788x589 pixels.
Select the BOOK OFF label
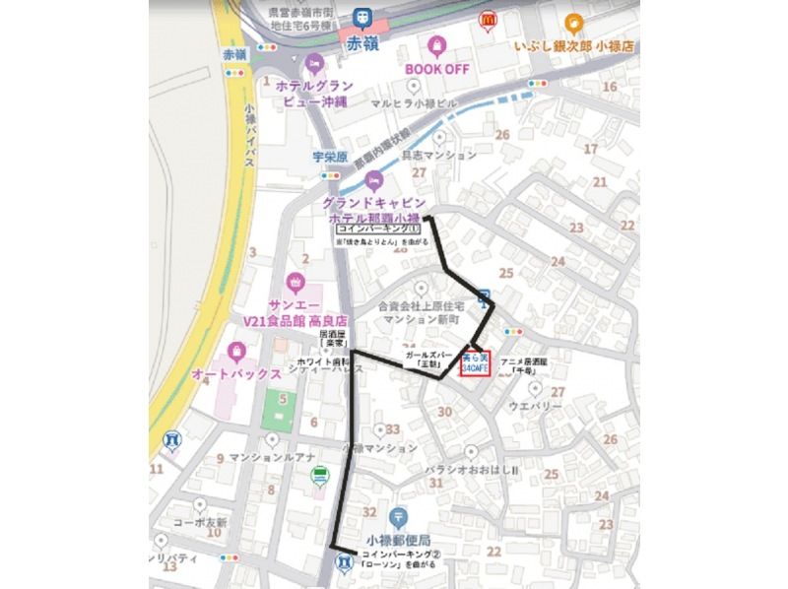(x=436, y=69)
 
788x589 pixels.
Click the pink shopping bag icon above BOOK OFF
(x=436, y=45)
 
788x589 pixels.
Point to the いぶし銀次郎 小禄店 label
(x=573, y=46)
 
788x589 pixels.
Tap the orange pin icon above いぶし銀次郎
(x=573, y=22)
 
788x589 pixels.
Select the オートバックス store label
(x=230, y=375)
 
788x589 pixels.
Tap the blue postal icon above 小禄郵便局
(x=398, y=515)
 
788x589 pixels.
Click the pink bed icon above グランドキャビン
(x=372, y=178)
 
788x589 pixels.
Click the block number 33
(x=393, y=429)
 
